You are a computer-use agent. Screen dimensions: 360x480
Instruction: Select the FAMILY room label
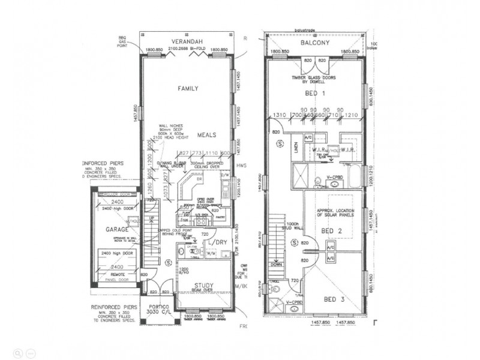188,88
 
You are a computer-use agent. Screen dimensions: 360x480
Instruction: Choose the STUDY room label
205,285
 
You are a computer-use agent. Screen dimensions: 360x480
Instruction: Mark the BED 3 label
334,298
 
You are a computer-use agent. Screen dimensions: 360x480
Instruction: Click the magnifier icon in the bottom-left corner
19,352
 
